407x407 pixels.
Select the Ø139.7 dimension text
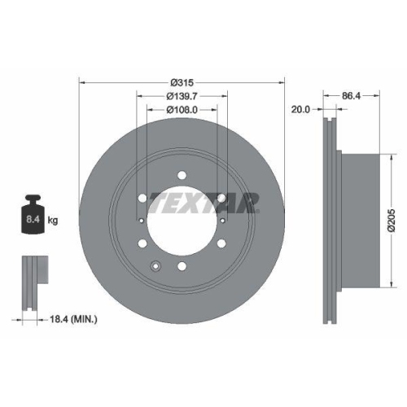181,96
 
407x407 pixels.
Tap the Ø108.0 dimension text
181,110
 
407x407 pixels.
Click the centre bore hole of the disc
182,220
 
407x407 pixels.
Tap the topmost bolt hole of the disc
182,173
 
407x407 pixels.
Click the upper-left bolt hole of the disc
142,197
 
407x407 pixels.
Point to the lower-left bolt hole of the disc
142,243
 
